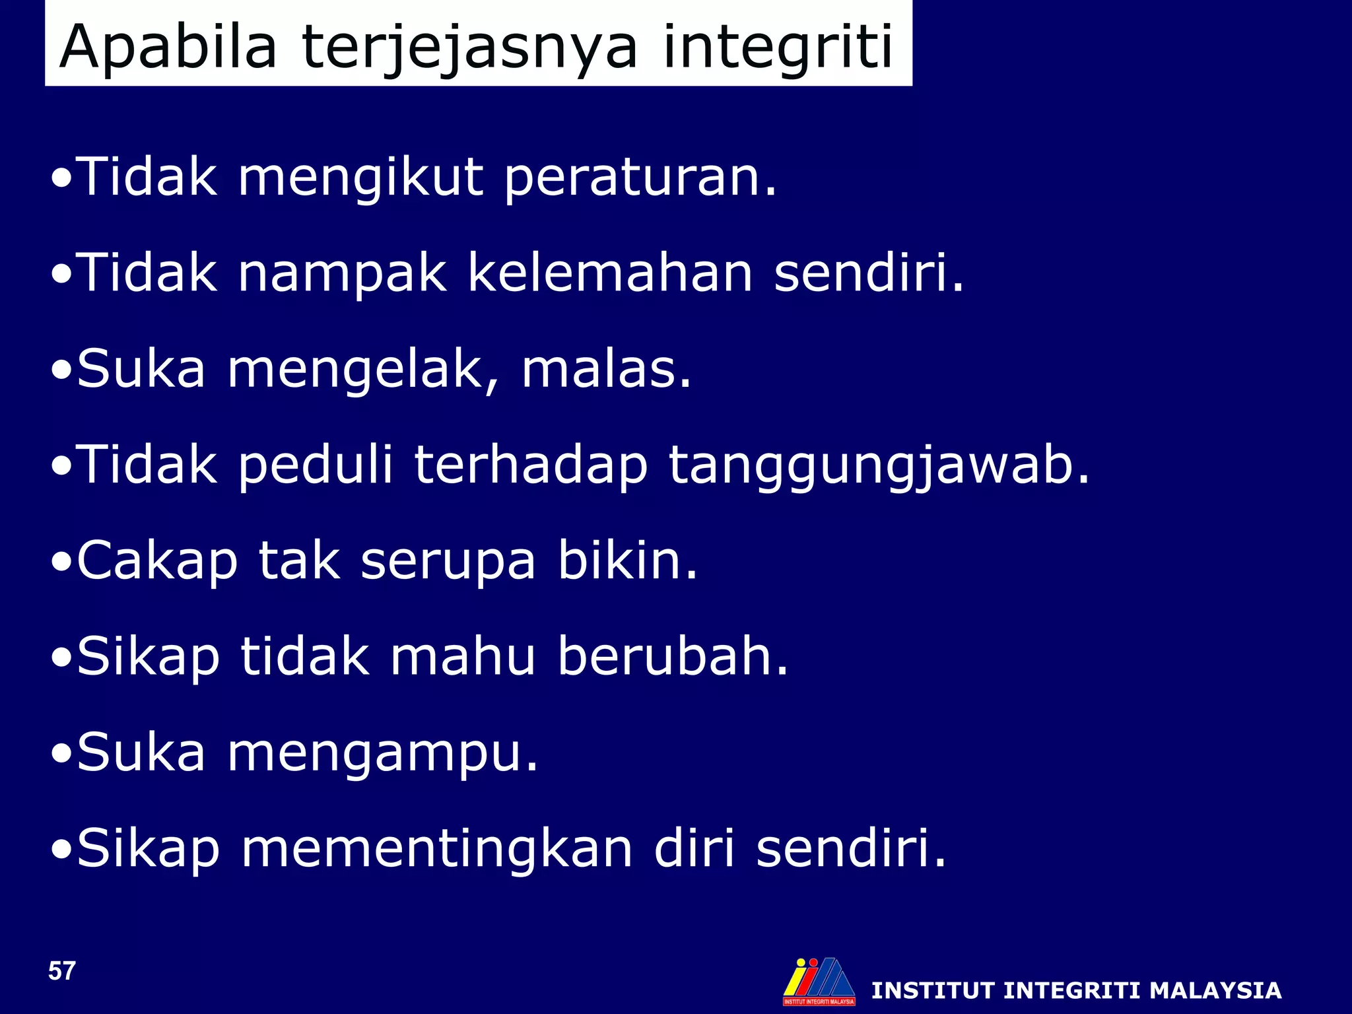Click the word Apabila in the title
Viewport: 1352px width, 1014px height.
pos(168,48)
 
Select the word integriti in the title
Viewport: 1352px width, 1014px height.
pos(778,48)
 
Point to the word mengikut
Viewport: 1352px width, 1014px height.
pos(360,178)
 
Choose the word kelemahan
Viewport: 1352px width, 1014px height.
pos(610,274)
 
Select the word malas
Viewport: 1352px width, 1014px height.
pos(606,370)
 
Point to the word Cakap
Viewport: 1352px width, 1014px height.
pos(157,562)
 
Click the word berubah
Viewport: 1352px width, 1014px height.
pos(673,657)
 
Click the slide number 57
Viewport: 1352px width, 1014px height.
pos(62,971)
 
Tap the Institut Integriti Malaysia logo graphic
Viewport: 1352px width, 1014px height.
pos(819,981)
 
